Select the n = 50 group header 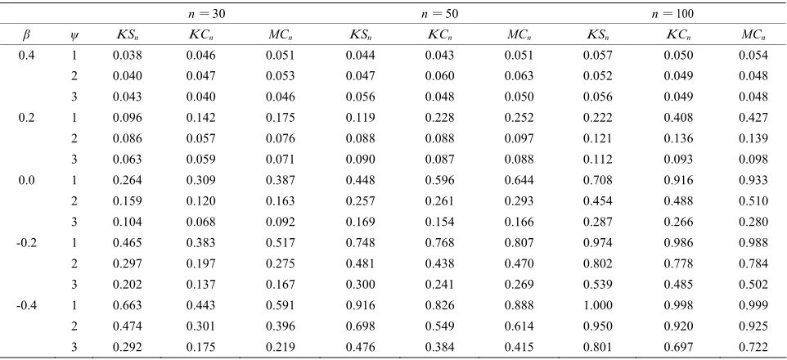point(439,15)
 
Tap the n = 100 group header point(672,15)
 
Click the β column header point(26,36)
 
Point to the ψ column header point(74,36)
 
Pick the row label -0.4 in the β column point(26,305)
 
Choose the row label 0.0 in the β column point(26,181)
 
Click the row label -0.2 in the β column point(26,243)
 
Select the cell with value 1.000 point(597,305)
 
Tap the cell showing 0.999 point(753,305)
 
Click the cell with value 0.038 point(127,56)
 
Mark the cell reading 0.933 point(753,181)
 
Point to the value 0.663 point(127,305)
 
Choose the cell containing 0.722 point(753,347)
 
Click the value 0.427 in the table point(753,118)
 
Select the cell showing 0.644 point(519,181)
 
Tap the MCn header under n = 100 point(753,36)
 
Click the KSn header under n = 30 point(127,36)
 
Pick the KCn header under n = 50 point(439,36)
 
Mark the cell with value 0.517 point(280,243)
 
